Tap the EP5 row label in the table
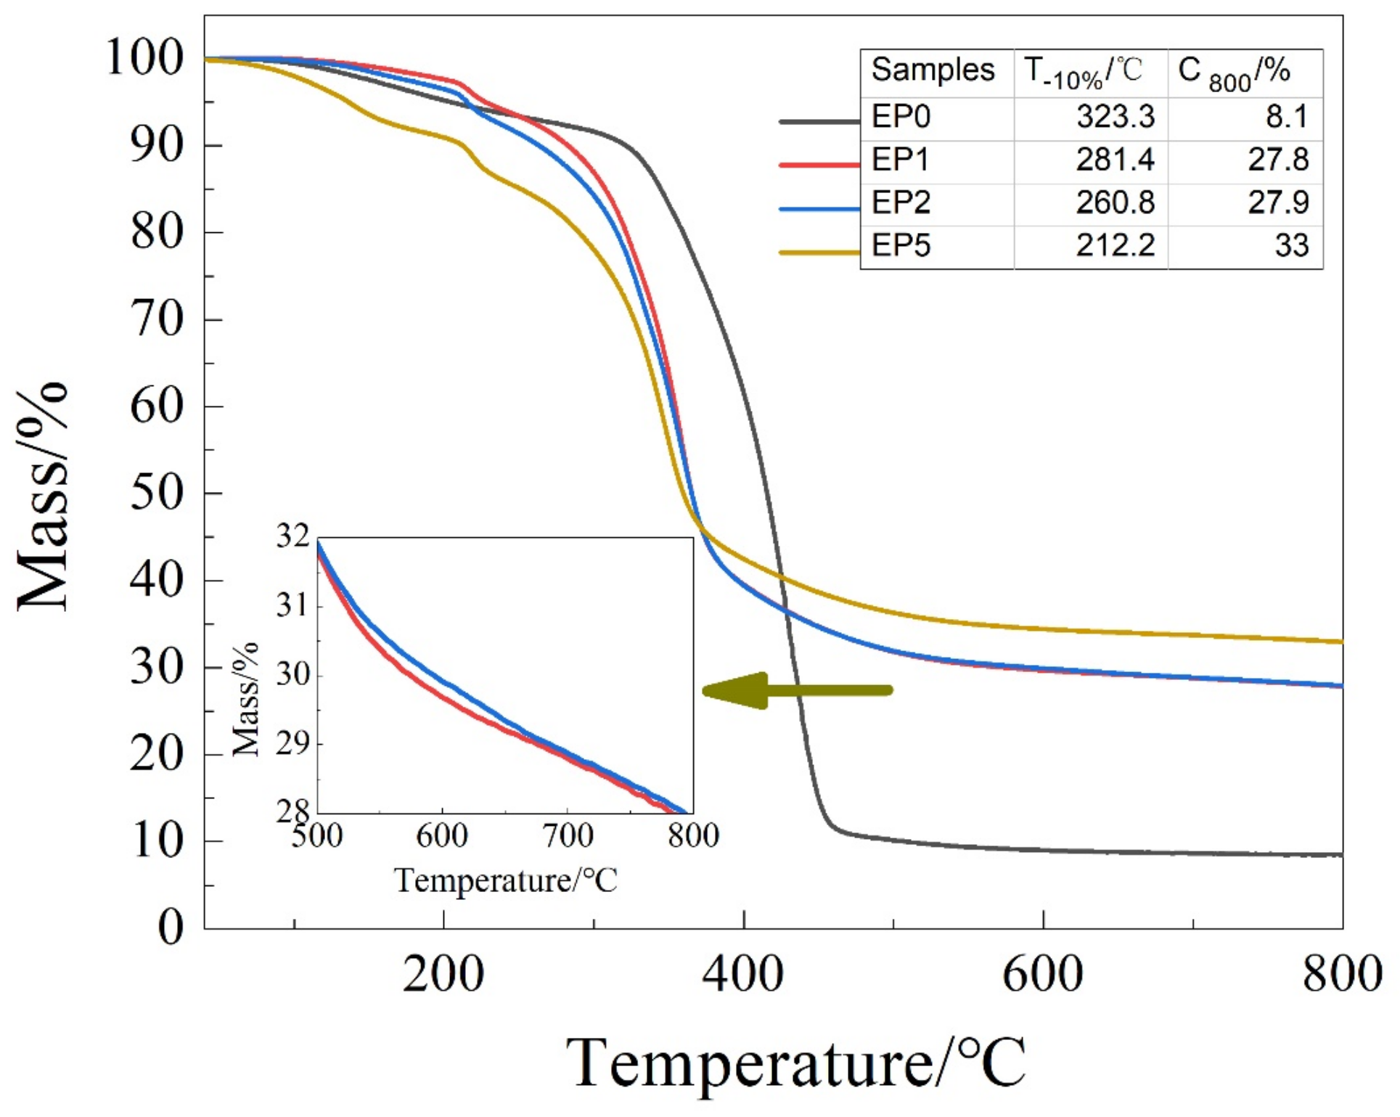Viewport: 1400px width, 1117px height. pyautogui.click(x=901, y=245)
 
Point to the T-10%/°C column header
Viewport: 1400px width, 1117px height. pyautogui.click(x=1084, y=72)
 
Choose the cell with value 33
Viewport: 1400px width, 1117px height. pyautogui.click(x=1291, y=245)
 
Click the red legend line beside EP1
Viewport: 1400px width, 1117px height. pyautogui.click(x=819, y=165)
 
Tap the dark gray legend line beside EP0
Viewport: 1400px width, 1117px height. pyautogui.click(x=819, y=121)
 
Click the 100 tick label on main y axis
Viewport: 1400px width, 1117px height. pyautogui.click(x=144, y=58)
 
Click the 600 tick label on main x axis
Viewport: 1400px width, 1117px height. pyautogui.click(x=1042, y=975)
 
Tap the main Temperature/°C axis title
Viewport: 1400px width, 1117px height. pyautogui.click(x=795, y=1063)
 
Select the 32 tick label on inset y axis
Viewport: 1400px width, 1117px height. pyautogui.click(x=292, y=537)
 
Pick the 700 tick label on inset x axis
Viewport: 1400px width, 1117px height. pyautogui.click(x=568, y=836)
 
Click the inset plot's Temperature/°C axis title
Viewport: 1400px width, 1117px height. pyautogui.click(x=505, y=881)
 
